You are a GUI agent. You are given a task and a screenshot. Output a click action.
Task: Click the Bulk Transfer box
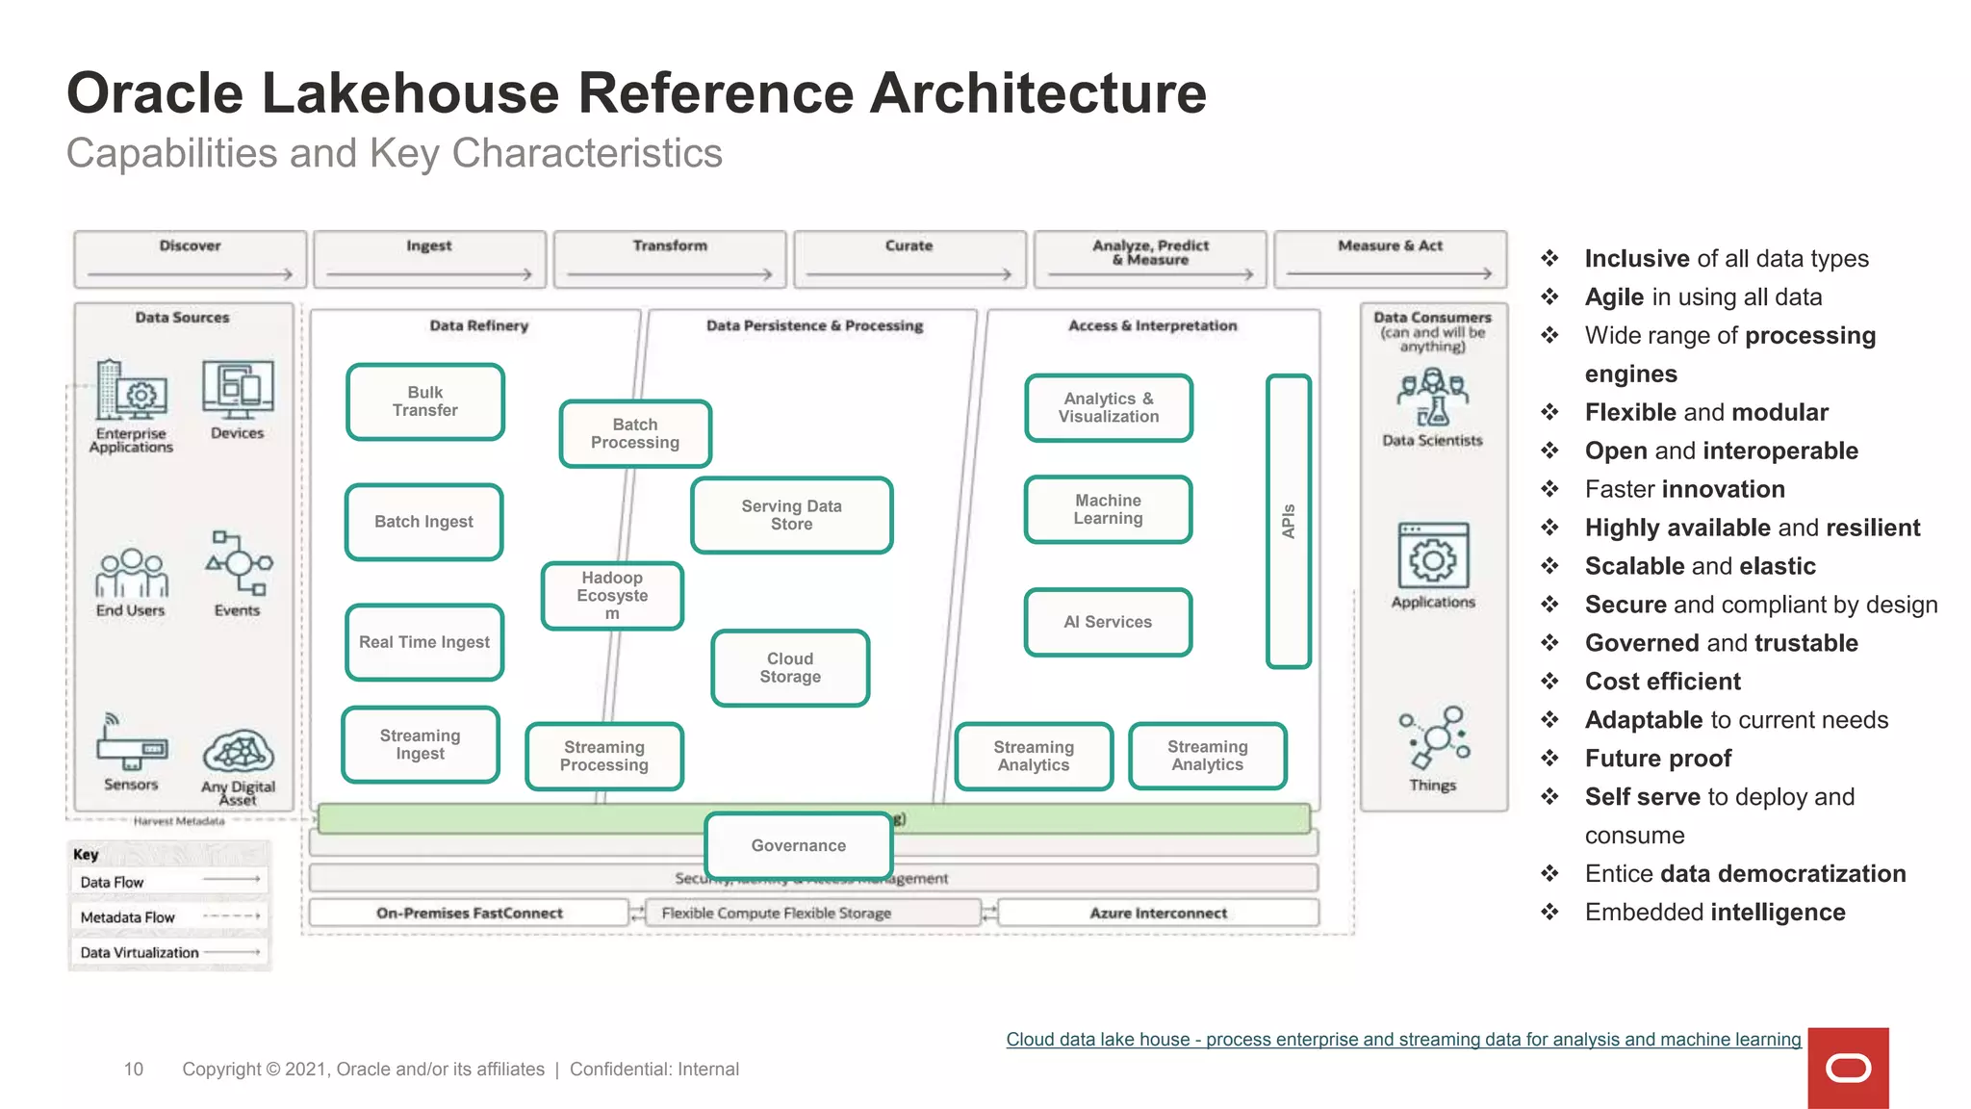(x=425, y=401)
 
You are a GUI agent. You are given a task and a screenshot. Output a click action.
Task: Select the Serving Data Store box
(x=791, y=515)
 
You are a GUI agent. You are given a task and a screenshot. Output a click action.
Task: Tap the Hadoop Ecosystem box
(x=612, y=596)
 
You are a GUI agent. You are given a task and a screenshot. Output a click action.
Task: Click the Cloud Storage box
(x=790, y=667)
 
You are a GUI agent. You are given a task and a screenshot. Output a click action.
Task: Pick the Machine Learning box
(x=1108, y=509)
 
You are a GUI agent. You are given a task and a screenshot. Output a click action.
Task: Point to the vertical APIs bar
(x=1289, y=521)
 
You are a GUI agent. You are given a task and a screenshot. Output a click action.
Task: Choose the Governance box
(x=799, y=845)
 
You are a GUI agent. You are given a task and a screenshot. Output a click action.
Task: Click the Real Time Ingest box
(x=424, y=642)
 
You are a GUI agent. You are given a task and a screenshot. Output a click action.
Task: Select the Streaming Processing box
(x=604, y=756)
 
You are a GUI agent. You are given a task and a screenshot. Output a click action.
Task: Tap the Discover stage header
(x=191, y=259)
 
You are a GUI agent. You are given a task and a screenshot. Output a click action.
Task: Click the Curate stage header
(x=909, y=259)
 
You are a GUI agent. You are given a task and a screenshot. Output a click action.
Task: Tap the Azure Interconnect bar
(x=1158, y=913)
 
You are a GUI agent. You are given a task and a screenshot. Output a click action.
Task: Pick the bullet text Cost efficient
(x=1662, y=682)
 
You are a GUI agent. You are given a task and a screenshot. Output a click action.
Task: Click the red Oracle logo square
(x=1847, y=1068)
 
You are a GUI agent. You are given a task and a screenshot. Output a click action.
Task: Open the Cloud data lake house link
(x=1402, y=1040)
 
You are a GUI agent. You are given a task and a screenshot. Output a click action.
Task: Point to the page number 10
(x=134, y=1070)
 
